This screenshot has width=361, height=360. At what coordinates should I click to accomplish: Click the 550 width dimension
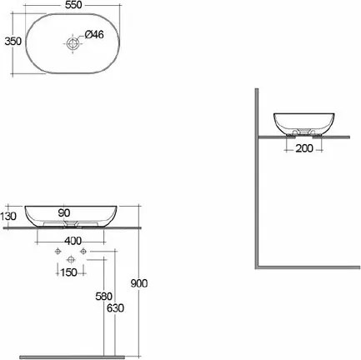pyautogui.click(x=73, y=5)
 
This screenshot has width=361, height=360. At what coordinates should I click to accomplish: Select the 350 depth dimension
pyautogui.click(x=10, y=41)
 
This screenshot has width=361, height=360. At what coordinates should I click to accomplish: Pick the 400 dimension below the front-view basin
pyautogui.click(x=73, y=240)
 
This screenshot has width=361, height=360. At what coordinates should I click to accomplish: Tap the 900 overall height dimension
pyautogui.click(x=139, y=283)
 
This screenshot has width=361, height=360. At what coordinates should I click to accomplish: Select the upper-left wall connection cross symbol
pyautogui.click(x=57, y=251)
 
